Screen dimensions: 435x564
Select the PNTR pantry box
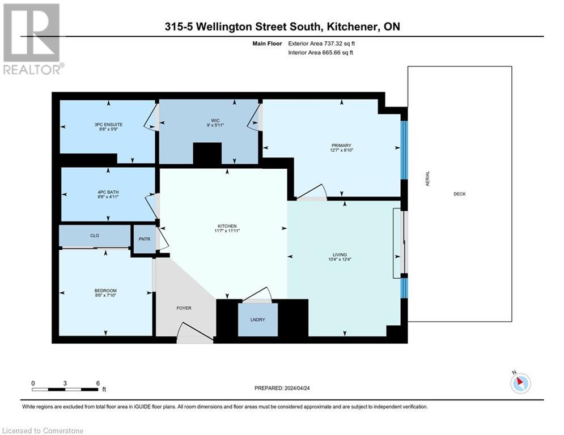tap(145, 239)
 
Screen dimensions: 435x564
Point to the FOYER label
tap(184, 309)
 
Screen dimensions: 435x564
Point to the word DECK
tap(459, 194)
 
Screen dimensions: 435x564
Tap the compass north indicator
tap(520, 383)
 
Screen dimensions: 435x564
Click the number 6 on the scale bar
tap(98, 383)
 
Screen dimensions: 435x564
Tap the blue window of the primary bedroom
tap(404, 150)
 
